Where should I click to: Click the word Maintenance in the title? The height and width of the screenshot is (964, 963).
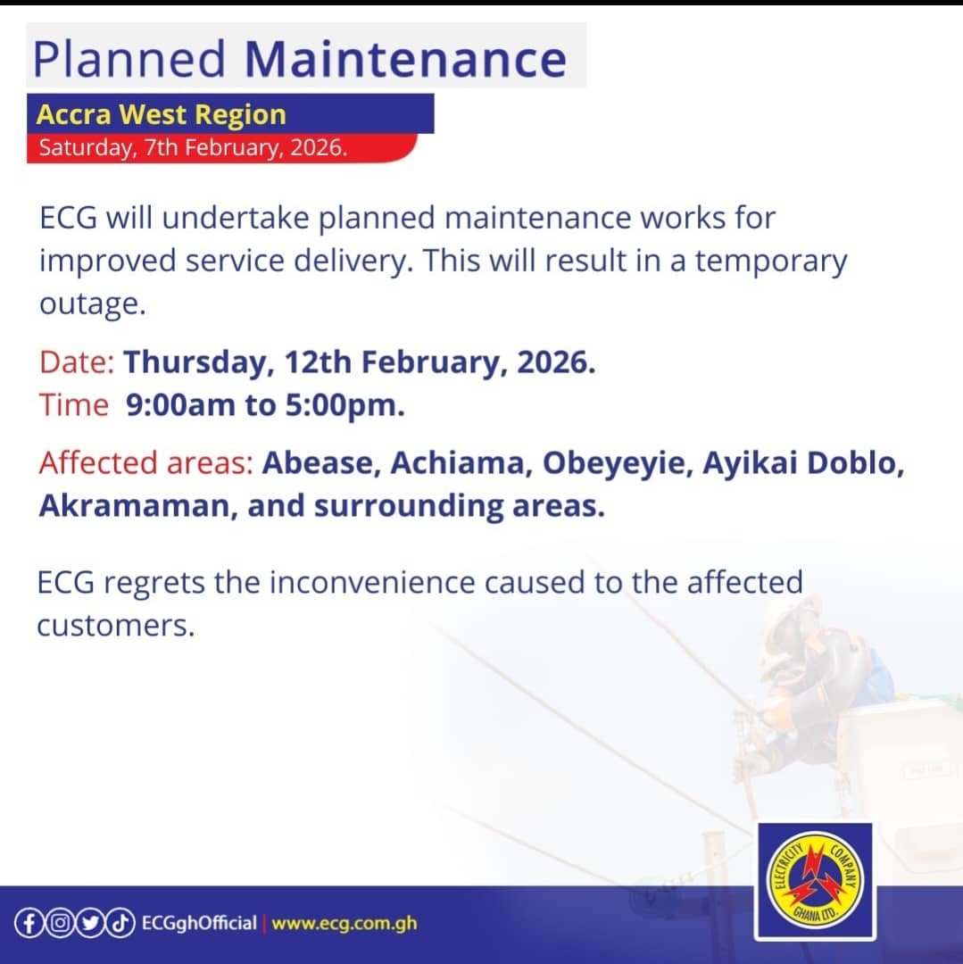point(405,59)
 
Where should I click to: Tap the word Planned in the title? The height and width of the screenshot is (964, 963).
point(129,59)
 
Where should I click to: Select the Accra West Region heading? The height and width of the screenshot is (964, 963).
point(162,114)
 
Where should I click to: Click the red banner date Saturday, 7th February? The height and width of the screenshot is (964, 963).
point(192,147)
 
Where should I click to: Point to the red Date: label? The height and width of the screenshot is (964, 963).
point(77,363)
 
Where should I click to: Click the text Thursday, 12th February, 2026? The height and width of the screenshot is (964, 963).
point(359,363)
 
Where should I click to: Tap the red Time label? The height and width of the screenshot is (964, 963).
point(73,405)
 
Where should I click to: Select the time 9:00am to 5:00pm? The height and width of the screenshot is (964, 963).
point(265,405)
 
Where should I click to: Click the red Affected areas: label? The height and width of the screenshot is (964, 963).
point(146,464)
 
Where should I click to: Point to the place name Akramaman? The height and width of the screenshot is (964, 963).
point(137,506)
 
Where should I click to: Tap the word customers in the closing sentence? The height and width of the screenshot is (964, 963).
point(114,625)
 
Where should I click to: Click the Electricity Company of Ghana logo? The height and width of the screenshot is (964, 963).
point(814,881)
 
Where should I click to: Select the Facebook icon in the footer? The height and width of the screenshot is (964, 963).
point(29,923)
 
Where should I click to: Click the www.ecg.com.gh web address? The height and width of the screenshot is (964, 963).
point(344,923)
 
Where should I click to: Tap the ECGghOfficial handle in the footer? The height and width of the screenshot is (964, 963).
point(198,923)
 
